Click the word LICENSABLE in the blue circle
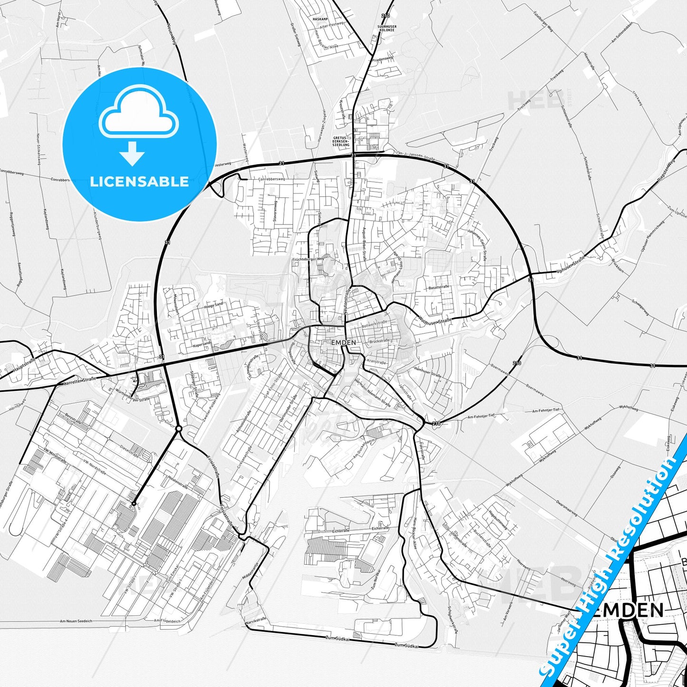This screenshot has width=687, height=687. click(x=139, y=181)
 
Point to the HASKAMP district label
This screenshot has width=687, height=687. click(x=320, y=19)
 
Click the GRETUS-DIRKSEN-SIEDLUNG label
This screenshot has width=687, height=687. click(x=341, y=141)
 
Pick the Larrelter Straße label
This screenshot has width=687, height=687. click(x=79, y=381)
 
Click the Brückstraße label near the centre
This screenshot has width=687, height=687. click(x=379, y=340)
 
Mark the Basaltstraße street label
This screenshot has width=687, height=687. click(x=438, y=287)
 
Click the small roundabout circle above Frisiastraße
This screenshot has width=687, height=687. click(x=178, y=428)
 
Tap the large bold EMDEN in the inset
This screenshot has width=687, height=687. click(x=629, y=610)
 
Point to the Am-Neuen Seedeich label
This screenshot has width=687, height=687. click(x=76, y=621)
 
